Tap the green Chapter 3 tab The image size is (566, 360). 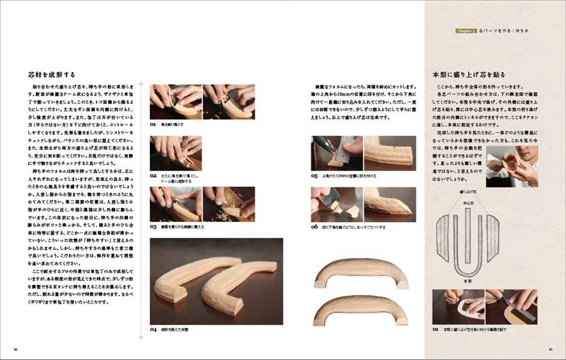[469, 32]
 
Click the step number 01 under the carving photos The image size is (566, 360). [153, 123]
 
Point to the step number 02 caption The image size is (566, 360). [153, 175]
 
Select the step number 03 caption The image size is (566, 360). [153, 226]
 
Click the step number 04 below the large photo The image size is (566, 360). [153, 330]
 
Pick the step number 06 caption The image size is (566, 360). [314, 226]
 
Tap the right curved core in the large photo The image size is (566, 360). [241, 279]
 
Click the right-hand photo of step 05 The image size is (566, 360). [388, 152]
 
